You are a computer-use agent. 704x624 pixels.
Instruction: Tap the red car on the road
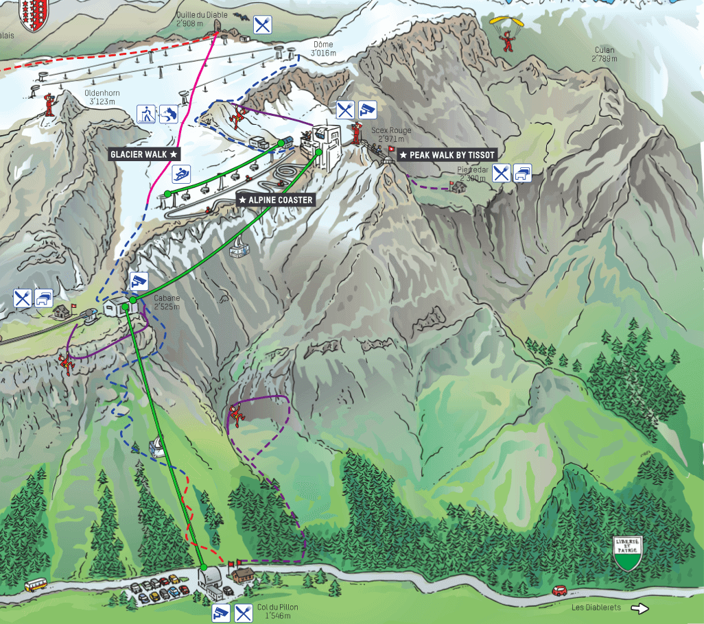[x=559, y=590]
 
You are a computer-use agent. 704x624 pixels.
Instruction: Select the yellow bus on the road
[x=35, y=586]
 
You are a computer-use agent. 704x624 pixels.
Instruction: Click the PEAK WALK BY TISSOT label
[x=447, y=156]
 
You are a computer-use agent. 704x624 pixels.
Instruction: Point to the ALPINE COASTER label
[x=275, y=200]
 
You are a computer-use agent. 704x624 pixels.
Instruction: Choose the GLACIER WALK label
[x=144, y=155]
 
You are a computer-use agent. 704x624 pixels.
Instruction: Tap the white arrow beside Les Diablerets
[x=639, y=608]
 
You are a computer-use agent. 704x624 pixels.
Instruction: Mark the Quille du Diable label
[x=200, y=18]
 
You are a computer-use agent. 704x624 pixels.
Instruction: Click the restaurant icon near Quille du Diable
[x=262, y=25]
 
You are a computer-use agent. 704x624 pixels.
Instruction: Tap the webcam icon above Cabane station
[x=139, y=280]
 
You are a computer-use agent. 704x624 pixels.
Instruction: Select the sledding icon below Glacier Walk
[x=181, y=174]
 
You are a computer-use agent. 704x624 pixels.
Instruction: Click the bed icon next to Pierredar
[x=523, y=173]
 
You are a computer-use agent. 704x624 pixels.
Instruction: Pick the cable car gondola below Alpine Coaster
[x=238, y=249]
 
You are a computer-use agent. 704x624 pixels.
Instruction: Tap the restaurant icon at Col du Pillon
[x=244, y=612]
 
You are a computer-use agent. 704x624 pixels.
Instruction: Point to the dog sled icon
[x=168, y=114]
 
